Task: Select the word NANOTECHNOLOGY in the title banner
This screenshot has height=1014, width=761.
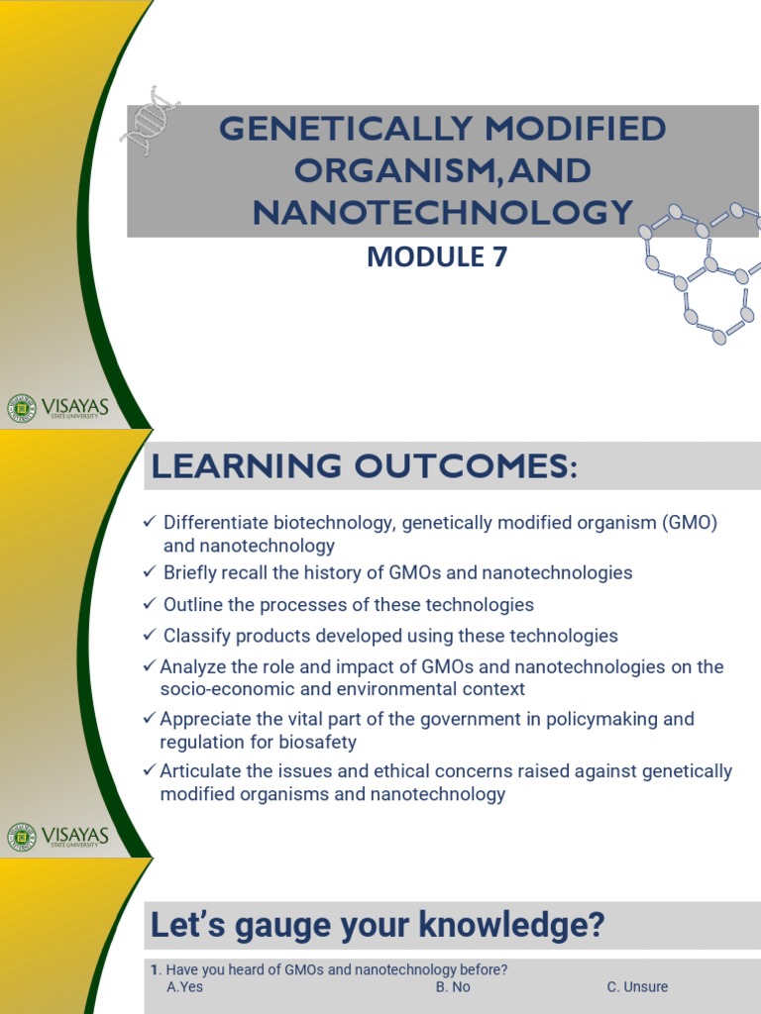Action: pos(442,212)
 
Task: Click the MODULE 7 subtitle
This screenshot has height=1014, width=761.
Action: pos(437,257)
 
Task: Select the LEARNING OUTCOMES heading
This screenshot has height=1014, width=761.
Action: pos(364,466)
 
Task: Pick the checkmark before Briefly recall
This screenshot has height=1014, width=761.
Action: pos(150,572)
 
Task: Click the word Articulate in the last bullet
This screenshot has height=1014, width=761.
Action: pos(201,770)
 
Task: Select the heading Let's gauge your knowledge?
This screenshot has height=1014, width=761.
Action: pos(377,927)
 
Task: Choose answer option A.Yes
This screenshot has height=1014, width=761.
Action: pos(185,987)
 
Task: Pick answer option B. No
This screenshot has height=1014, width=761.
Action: pos(453,987)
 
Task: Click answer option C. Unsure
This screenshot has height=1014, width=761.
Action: pos(637,987)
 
